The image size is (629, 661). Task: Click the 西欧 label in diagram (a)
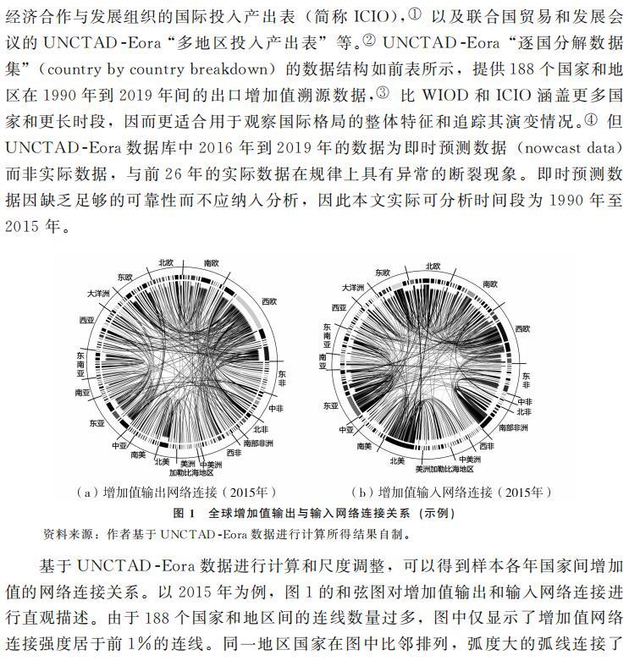(x=268, y=301)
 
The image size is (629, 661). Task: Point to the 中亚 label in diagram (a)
(x=118, y=443)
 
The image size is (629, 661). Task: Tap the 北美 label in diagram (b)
(x=397, y=461)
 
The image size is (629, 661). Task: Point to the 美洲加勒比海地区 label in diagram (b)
(x=444, y=468)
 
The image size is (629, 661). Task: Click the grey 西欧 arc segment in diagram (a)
(x=254, y=322)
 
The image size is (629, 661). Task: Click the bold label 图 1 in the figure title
(x=184, y=513)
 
